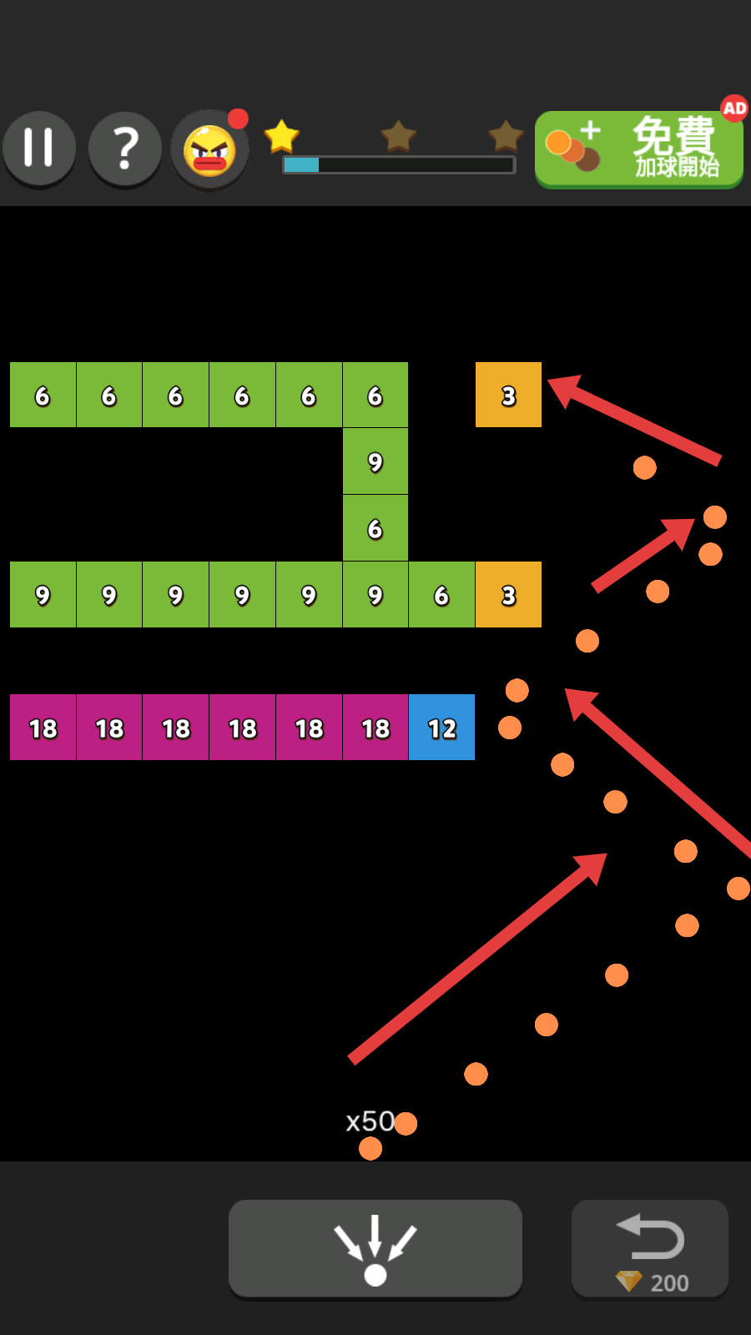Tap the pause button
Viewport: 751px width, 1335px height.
pyautogui.click(x=39, y=149)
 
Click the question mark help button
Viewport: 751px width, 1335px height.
pyautogui.click(x=125, y=149)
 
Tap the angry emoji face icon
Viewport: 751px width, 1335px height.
pyautogui.click(x=209, y=151)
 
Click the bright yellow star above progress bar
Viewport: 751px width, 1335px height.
pyautogui.click(x=281, y=136)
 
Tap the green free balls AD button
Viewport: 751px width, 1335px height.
pyautogui.click(x=638, y=150)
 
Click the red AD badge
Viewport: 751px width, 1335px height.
pyautogui.click(x=734, y=108)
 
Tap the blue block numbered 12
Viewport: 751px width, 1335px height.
pyautogui.click(x=441, y=728)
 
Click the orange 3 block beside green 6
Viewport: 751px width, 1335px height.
pyautogui.click(x=508, y=595)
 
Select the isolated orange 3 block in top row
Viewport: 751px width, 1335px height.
pyautogui.click(x=508, y=395)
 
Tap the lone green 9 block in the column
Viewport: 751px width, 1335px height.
pyautogui.click(x=375, y=461)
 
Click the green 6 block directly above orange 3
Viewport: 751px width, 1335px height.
pyautogui.click(x=375, y=528)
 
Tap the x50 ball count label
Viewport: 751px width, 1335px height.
pyautogui.click(x=370, y=1121)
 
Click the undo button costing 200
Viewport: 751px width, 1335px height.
pyautogui.click(x=650, y=1248)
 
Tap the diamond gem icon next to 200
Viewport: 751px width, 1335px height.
pyautogui.click(x=628, y=1281)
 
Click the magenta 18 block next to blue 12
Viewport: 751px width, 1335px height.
pyautogui.click(x=375, y=728)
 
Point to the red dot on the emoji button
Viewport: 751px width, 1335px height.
pyautogui.click(x=238, y=119)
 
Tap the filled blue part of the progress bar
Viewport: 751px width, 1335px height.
pyautogui.click(x=301, y=165)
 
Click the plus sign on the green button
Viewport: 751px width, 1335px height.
pyautogui.click(x=591, y=130)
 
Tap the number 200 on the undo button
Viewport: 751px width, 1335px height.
pyautogui.click(x=669, y=1283)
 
